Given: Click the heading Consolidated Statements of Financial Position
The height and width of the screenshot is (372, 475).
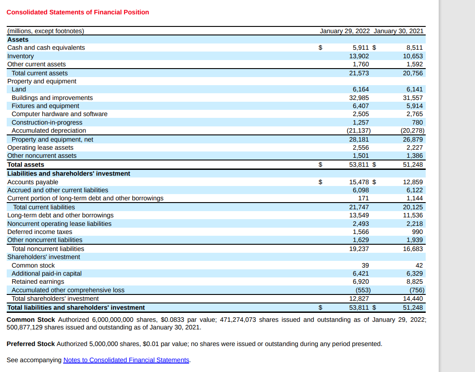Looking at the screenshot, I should (x=78, y=12).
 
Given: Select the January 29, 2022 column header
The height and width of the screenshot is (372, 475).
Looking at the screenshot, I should (x=345, y=31).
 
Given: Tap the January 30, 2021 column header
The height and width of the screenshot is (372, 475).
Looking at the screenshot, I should (x=398, y=31).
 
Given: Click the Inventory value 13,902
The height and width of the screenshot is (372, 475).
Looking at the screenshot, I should (x=359, y=56).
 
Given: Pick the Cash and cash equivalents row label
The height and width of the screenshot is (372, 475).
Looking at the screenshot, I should (x=46, y=48).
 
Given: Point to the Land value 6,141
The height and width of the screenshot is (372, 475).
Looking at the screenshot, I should (x=415, y=89).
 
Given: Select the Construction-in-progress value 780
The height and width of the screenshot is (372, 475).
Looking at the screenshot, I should (x=417, y=122).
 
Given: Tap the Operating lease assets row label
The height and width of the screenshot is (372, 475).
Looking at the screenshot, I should (x=40, y=147).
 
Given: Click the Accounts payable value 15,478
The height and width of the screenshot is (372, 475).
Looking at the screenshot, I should (x=359, y=182).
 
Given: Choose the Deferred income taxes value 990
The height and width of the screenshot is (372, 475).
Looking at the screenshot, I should (x=417, y=232).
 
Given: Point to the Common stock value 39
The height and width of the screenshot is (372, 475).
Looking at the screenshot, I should (x=365, y=265).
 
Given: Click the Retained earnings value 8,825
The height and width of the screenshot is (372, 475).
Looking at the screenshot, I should (x=415, y=281).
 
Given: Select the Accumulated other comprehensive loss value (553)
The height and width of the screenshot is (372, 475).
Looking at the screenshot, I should (x=363, y=290).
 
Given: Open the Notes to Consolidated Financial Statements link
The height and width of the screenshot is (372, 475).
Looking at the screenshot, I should (x=126, y=360).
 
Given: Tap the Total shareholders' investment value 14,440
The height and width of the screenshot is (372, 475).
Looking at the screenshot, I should (x=413, y=298).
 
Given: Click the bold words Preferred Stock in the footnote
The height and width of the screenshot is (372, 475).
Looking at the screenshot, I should (x=31, y=344).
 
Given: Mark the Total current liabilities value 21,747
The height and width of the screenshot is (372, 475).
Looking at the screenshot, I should (x=359, y=207).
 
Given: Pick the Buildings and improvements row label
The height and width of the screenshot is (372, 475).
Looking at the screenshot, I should (x=52, y=98).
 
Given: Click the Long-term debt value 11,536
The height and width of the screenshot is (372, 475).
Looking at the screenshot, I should (x=413, y=215).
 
